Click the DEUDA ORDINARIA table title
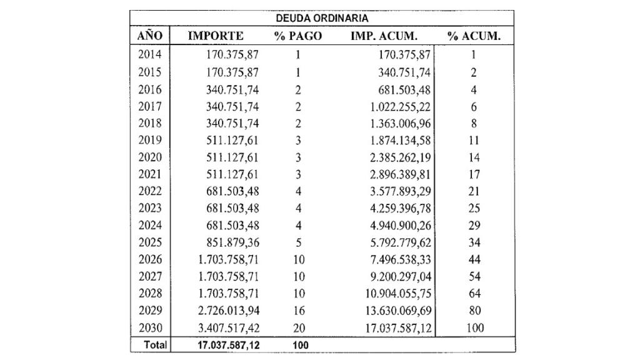click(x=322, y=18)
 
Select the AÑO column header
click(x=150, y=36)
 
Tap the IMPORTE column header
click(x=216, y=36)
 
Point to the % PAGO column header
click(x=298, y=36)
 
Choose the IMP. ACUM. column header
click(x=384, y=36)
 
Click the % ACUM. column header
click(x=474, y=36)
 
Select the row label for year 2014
click(x=150, y=54)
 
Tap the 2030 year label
click(x=150, y=327)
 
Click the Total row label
click(x=155, y=345)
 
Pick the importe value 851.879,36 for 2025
click(x=232, y=242)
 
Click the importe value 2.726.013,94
click(x=229, y=311)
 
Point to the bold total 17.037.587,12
click(x=229, y=345)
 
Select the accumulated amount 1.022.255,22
click(x=401, y=106)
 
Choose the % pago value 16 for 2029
click(x=299, y=311)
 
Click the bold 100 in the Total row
click(x=301, y=345)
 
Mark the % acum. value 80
click(x=475, y=311)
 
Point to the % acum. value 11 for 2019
click(x=474, y=141)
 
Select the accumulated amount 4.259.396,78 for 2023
click(x=401, y=209)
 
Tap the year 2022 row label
click(x=150, y=191)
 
